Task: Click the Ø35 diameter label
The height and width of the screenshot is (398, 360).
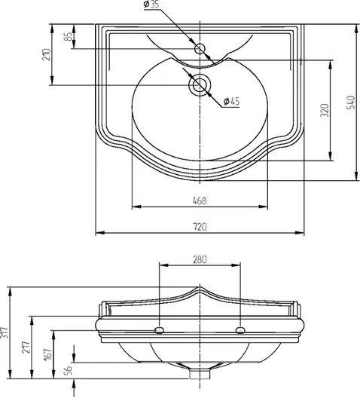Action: coord(151,5)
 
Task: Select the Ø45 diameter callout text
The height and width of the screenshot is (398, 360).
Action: coord(231,101)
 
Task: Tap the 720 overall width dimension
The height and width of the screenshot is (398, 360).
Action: coord(200,227)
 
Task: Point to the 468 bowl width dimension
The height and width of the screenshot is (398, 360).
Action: coord(200,201)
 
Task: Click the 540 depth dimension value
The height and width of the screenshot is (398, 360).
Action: coord(350,103)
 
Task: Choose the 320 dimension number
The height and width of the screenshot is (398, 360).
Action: coord(325,110)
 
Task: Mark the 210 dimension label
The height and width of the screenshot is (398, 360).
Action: coord(47,54)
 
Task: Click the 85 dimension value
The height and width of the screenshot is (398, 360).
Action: coord(68,36)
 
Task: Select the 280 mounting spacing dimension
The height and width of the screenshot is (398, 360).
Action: coord(200,259)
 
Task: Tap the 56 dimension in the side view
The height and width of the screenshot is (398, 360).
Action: coord(69,370)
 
